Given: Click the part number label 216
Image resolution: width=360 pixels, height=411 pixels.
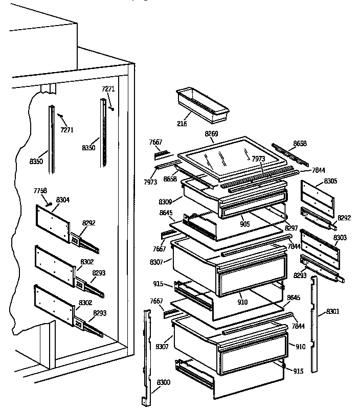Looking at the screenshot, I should [x=182, y=124].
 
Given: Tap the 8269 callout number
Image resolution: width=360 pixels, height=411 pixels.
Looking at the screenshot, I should [x=211, y=134].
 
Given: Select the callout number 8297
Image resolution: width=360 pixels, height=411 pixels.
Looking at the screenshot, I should [x=291, y=228].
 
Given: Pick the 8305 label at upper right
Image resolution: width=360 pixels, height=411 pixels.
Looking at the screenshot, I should [x=330, y=181].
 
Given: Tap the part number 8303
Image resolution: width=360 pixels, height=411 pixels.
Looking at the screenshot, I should [x=340, y=238].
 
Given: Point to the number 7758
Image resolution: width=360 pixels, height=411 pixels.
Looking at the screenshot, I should [x=40, y=191].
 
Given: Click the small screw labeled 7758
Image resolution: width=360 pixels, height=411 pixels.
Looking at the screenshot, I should [x=49, y=203].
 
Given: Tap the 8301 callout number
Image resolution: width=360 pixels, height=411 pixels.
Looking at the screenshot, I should [x=332, y=311].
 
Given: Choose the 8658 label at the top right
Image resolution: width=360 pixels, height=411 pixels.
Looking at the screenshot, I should [x=300, y=144].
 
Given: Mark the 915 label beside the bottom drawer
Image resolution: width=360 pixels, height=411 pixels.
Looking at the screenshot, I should [x=298, y=371].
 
